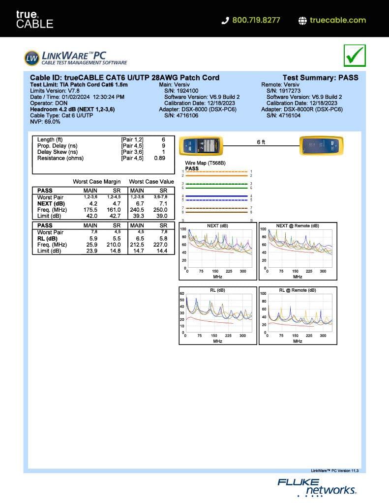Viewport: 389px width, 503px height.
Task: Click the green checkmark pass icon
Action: point(354,56)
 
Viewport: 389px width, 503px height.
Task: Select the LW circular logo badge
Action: point(31,57)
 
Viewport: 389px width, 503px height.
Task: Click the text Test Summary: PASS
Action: point(320,78)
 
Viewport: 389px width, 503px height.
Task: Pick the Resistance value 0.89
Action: point(159,158)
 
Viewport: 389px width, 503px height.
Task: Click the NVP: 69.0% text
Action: point(45,121)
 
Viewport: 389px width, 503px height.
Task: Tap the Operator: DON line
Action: point(49,103)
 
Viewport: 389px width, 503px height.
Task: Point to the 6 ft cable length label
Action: point(261,142)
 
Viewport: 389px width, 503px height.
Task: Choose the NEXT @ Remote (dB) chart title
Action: point(298,226)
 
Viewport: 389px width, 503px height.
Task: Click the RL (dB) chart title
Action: point(217,290)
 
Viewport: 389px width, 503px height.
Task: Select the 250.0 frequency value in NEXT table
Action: point(161,210)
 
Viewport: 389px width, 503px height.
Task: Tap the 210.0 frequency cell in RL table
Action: point(114,245)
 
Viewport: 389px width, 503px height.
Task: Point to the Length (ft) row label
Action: point(50,140)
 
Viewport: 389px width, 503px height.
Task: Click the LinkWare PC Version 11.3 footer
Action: point(335,470)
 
